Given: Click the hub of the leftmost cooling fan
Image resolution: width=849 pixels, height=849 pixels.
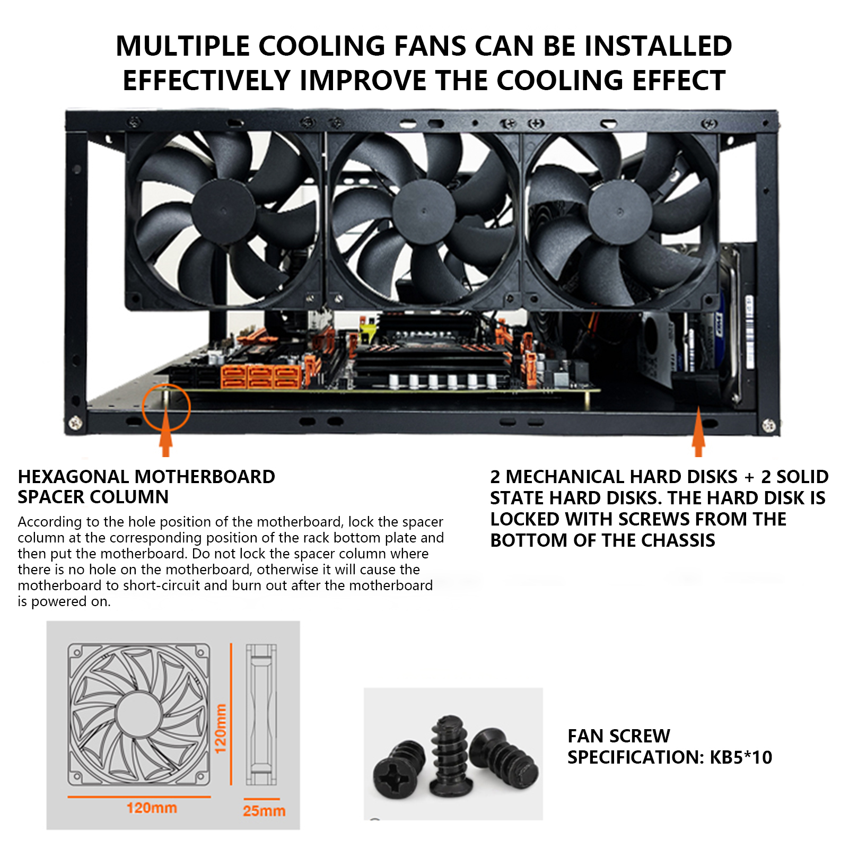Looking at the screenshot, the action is [223, 211].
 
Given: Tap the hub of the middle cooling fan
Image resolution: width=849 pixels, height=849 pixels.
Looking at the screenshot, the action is [424, 212].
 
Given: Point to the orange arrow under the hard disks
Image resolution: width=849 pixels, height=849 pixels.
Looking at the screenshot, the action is [698, 432].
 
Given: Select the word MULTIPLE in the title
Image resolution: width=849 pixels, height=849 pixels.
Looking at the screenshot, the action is [182, 46].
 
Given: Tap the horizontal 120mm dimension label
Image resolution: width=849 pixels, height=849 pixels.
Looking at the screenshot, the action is [152, 808].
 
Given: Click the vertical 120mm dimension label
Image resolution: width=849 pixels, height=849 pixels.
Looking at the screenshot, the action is [220, 728].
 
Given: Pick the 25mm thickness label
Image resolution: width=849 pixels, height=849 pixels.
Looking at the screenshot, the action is [264, 810].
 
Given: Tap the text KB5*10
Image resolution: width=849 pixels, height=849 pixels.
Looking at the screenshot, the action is [741, 757].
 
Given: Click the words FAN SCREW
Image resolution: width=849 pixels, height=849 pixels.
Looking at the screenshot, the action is [619, 736].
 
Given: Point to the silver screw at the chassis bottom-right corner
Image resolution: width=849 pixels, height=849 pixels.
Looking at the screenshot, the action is [768, 425].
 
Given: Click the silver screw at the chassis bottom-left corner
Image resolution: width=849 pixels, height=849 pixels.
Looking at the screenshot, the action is [75, 423].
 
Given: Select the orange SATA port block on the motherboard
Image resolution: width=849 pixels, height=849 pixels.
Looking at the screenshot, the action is [261, 377].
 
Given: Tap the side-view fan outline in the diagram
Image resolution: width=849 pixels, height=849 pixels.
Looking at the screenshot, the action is [261, 714].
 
